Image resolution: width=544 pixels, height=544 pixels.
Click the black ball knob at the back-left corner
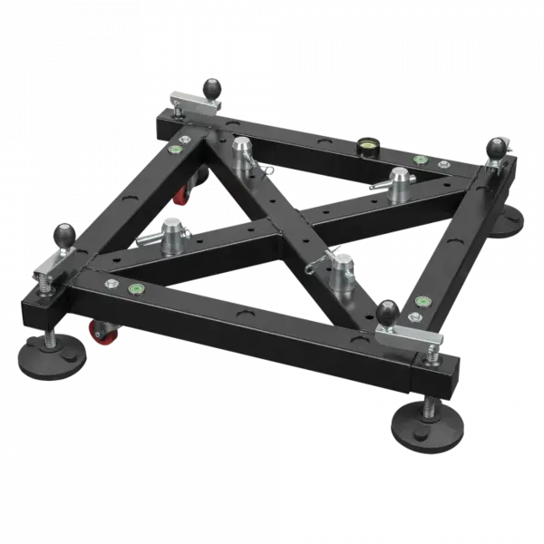point(212,88)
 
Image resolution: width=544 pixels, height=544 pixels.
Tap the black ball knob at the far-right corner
point(498,146)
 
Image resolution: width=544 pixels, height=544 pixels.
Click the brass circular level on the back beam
point(368,143)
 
